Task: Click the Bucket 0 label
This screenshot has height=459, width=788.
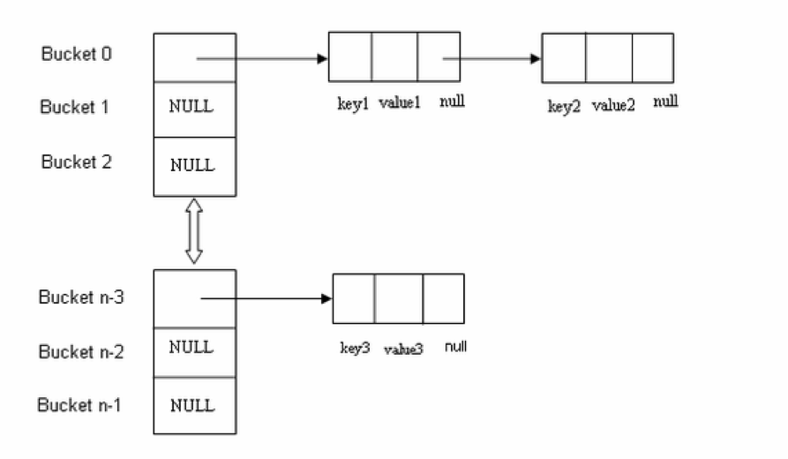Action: pos(76,54)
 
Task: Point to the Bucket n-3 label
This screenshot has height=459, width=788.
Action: pos(81,297)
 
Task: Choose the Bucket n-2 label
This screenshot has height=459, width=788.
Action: pos(81,352)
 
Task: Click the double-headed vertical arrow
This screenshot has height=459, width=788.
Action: pos(193,231)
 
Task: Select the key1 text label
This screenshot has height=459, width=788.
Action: pos(354,103)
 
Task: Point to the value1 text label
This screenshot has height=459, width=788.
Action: pos(400,103)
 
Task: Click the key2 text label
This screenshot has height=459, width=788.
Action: pos(565,107)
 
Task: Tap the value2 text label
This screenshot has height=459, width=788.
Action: pos(613,107)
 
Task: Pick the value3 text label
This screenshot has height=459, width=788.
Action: pos(403,349)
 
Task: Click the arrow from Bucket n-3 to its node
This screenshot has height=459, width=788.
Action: pos(266,299)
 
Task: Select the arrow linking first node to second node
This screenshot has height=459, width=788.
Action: pos(492,59)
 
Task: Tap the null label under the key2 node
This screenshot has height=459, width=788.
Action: pos(666,102)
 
